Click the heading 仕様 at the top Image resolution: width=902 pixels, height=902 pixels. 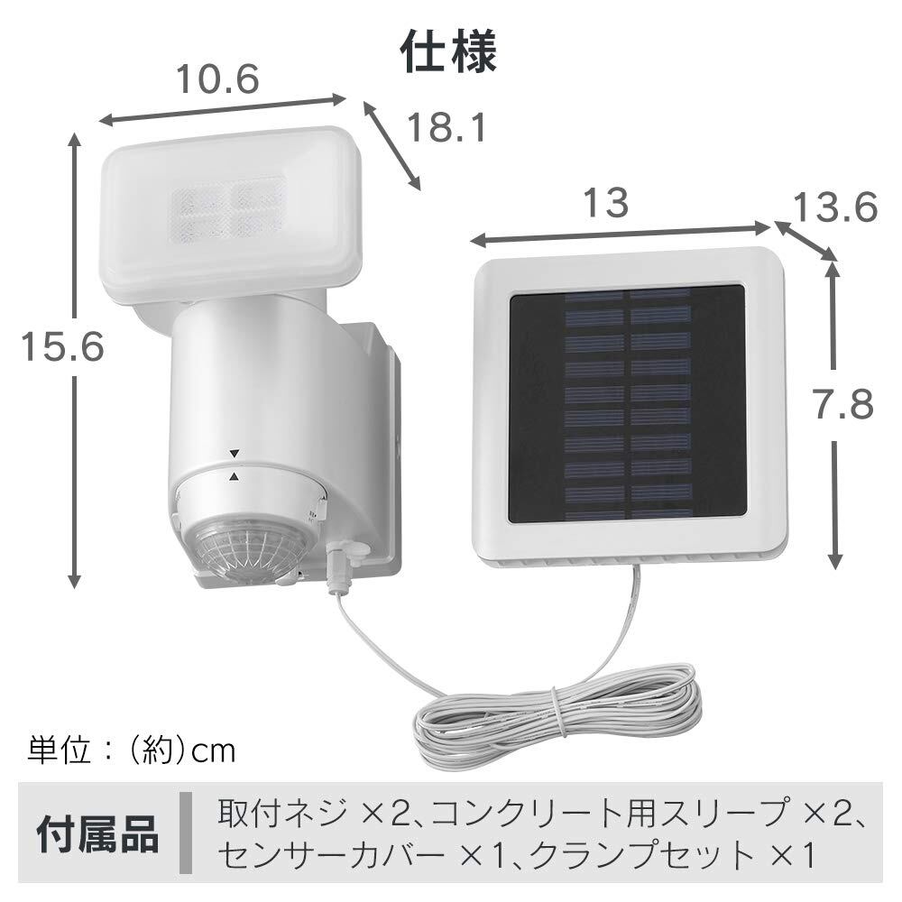pos(448,52)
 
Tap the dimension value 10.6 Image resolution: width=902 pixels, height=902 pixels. pos(216,80)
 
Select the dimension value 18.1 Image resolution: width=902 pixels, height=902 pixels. pos(445,127)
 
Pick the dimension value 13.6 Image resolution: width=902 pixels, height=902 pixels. pos(834,208)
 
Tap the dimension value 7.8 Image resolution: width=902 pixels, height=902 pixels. pos(841,405)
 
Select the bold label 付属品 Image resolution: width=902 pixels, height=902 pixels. pos(97,834)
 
